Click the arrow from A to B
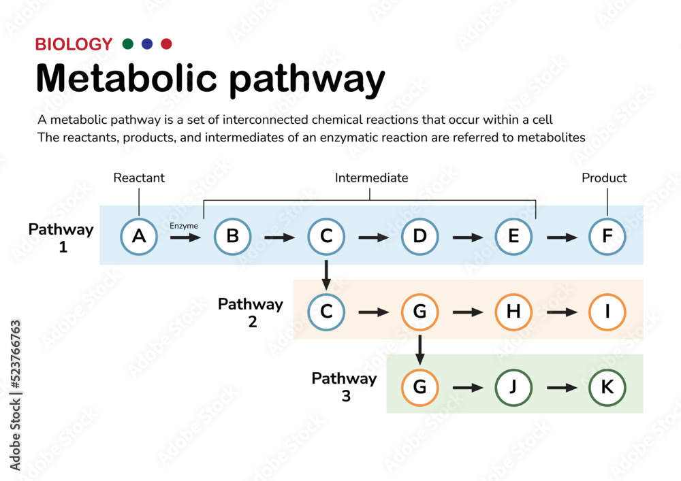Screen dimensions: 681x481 (x=185, y=237)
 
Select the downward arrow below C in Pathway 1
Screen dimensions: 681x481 (x=326, y=275)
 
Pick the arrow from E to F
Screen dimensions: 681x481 (x=562, y=237)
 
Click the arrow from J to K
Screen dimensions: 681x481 (x=562, y=387)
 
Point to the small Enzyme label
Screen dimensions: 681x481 (x=184, y=226)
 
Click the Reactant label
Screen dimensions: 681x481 (x=139, y=178)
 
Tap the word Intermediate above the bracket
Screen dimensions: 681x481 (x=371, y=178)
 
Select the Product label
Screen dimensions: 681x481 (x=604, y=178)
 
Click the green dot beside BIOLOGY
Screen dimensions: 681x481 (x=128, y=44)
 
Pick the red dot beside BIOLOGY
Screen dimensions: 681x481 (x=166, y=44)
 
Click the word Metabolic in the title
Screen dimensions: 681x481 (x=127, y=78)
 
